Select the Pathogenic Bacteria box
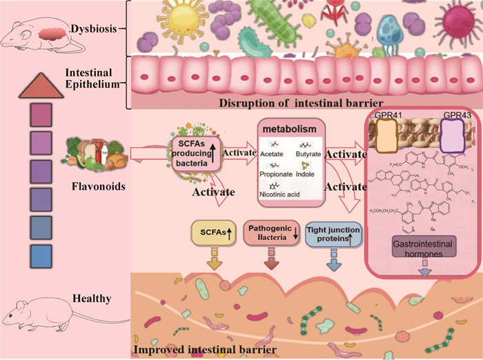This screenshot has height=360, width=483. (271, 233)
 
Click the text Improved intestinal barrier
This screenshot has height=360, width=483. (205, 350)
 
